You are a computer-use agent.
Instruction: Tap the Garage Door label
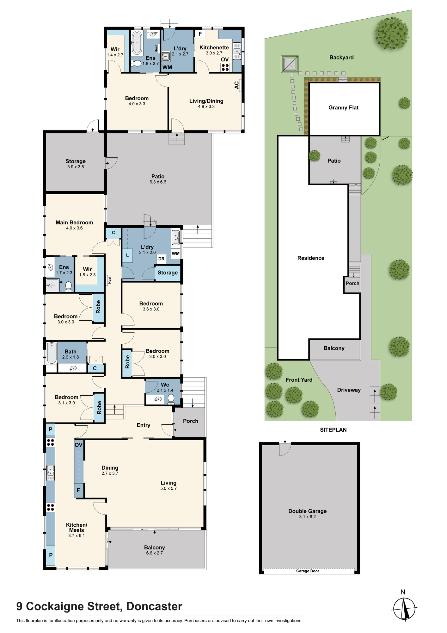click(308, 571)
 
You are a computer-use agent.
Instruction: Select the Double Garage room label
click(308, 513)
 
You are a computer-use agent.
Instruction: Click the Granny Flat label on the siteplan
click(344, 108)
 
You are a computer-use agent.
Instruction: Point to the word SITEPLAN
click(333, 430)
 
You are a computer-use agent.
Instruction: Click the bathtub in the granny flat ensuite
click(137, 43)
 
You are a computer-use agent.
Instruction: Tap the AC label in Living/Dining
click(237, 85)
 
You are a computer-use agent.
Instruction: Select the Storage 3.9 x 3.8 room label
click(76, 164)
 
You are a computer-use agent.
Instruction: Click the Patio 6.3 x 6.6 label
click(158, 179)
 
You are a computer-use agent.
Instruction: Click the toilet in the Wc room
click(171, 398)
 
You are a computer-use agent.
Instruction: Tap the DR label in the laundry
click(161, 259)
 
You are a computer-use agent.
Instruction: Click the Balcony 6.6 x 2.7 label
click(155, 550)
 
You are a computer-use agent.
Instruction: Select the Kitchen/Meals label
click(77, 530)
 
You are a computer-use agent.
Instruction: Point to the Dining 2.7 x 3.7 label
click(110, 470)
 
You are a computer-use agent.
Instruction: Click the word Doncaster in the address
click(154, 606)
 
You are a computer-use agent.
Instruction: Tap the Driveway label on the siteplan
click(349, 390)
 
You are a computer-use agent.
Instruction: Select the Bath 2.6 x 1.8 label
click(70, 354)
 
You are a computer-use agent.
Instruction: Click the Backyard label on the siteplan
click(341, 58)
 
